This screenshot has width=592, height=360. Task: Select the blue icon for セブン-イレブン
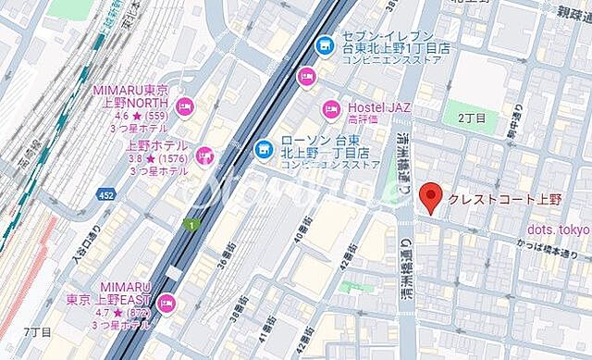point(324,44)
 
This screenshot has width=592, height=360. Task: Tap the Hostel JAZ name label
point(378,107)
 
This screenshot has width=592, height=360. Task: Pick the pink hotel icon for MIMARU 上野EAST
point(167,302)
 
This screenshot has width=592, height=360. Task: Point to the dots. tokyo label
point(558,230)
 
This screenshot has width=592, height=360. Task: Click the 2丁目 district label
point(472,118)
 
